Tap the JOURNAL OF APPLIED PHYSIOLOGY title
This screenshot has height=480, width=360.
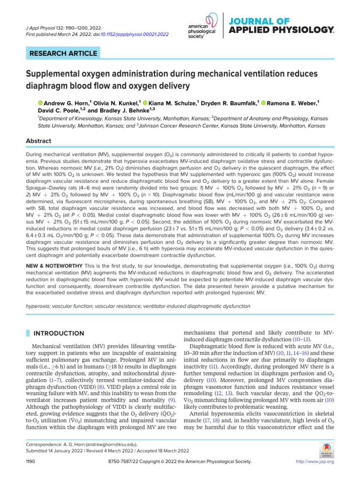coord(281,26)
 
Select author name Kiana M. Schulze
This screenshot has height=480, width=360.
coord(174,102)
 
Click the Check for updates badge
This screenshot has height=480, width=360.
coord(324,449)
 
